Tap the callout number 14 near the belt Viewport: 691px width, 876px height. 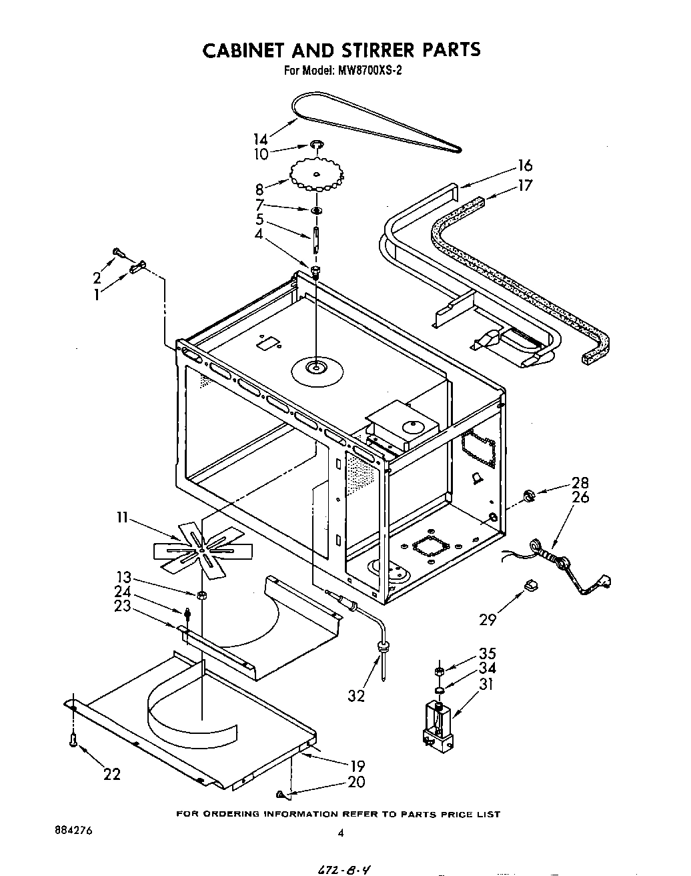[260, 139]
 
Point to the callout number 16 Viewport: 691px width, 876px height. [525, 166]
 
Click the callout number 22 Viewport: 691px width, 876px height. [112, 774]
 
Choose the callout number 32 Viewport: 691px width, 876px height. [356, 695]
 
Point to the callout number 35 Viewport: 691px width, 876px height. [487, 654]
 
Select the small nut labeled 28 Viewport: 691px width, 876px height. [529, 495]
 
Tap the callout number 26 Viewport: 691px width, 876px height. [580, 497]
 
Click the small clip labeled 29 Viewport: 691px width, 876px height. [531, 585]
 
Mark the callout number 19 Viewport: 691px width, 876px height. [358, 767]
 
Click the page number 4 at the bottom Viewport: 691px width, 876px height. [340, 833]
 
